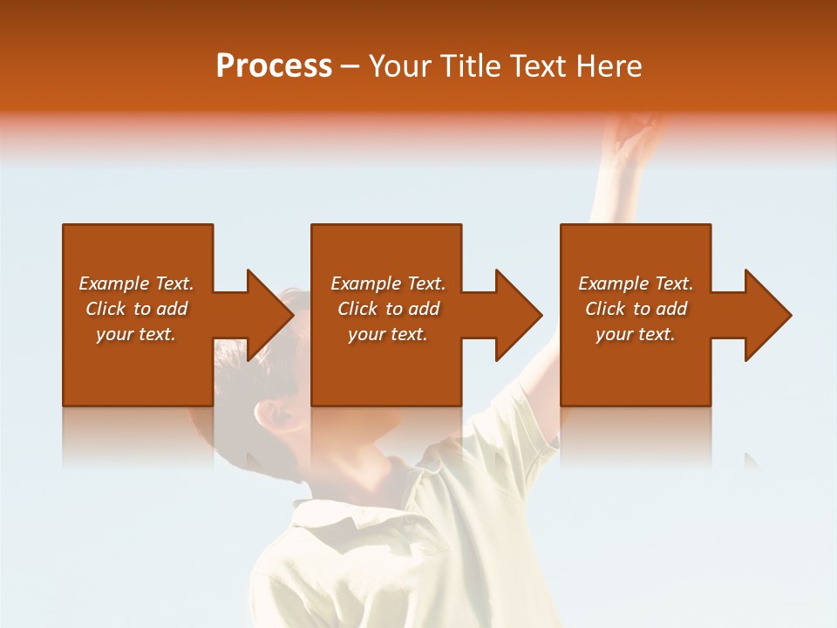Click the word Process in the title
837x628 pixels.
tap(274, 66)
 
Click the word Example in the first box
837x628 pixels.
tap(114, 283)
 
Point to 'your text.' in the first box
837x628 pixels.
tap(136, 334)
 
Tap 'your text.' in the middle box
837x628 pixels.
tap(388, 334)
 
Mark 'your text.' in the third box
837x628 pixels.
tap(636, 334)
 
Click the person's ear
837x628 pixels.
tap(281, 414)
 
